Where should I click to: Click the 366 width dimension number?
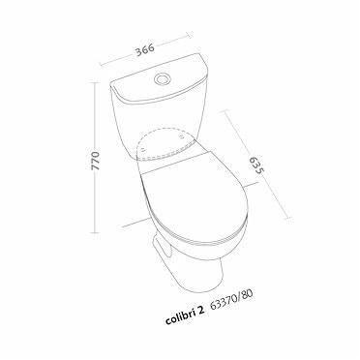145,49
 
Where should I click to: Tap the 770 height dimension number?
96,161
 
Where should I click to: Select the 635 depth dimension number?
256,165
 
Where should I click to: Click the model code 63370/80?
231,299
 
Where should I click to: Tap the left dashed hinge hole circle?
143,148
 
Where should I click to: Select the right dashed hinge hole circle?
182,137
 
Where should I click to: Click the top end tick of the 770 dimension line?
95,83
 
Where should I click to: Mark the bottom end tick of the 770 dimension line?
95,232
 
